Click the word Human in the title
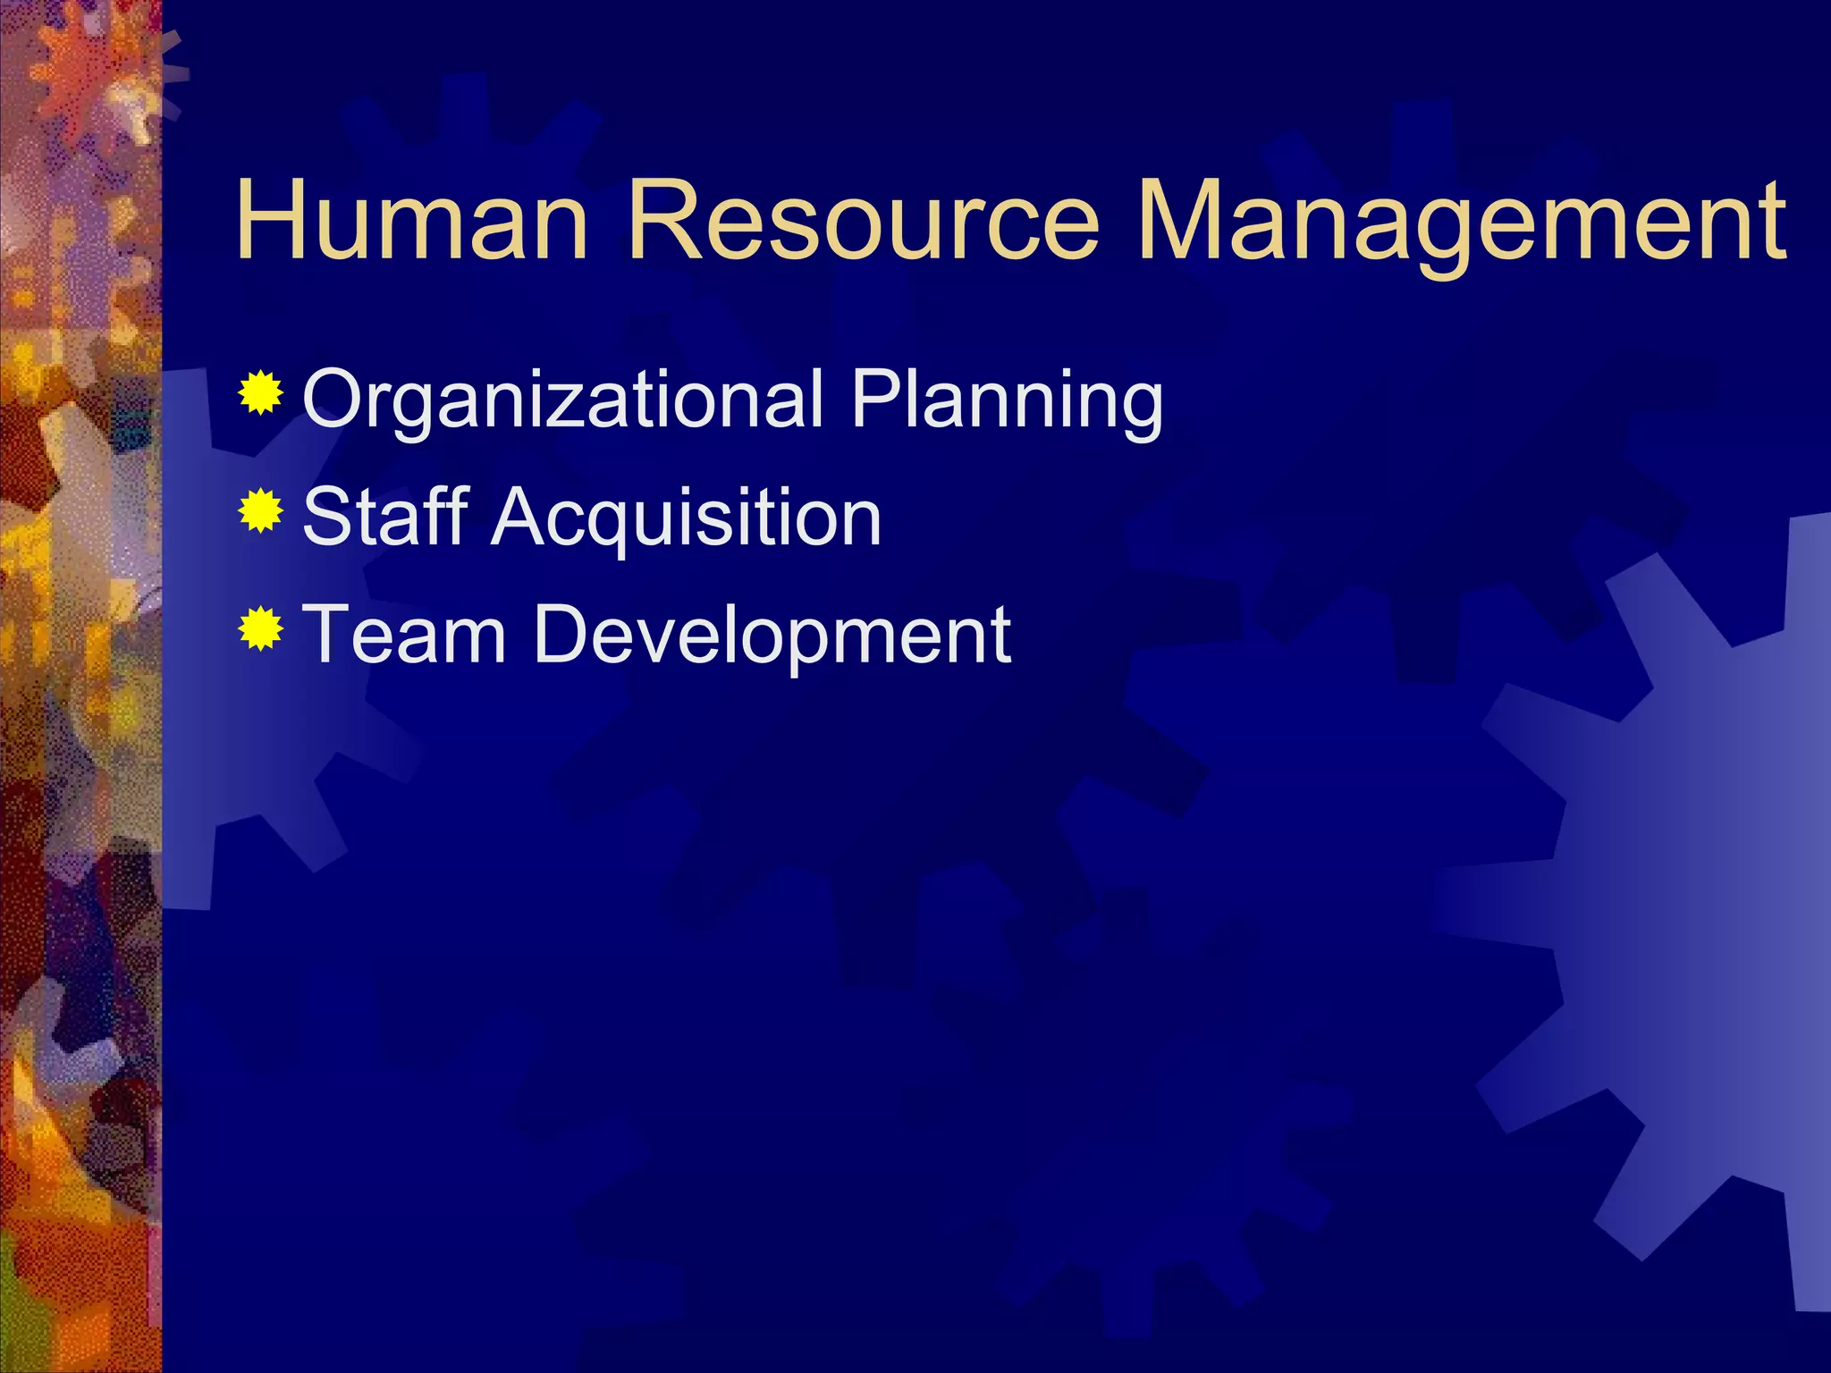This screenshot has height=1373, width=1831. tap(412, 221)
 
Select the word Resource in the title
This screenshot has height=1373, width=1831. tap(863, 221)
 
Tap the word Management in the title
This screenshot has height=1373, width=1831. tap(1461, 221)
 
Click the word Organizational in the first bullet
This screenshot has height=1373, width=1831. tap(563, 400)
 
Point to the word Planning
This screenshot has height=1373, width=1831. tap(1007, 400)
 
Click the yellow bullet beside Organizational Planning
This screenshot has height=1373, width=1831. tap(260, 392)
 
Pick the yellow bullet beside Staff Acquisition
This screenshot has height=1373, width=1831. tap(260, 510)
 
